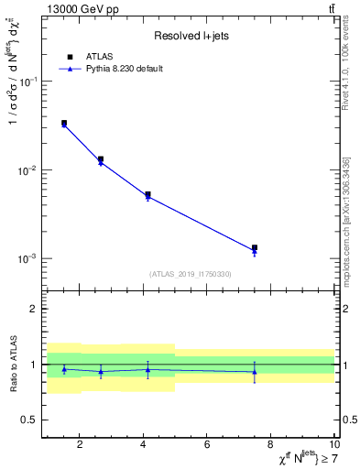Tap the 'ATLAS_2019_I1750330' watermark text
pyautogui.click(x=191, y=274)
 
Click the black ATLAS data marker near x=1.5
pyautogui.click(x=64, y=123)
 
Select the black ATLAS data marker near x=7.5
pyautogui.click(x=255, y=247)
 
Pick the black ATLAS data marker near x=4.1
pyautogui.click(x=147, y=194)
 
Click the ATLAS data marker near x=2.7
pyautogui.click(x=101, y=159)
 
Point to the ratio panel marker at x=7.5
pyautogui.click(x=255, y=372)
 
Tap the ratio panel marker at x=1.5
pyautogui.click(x=64, y=369)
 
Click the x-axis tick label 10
pyautogui.click(x=333, y=445)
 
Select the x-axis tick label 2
pyautogui.click(x=80, y=445)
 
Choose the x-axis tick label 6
pyautogui.click(x=207, y=445)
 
